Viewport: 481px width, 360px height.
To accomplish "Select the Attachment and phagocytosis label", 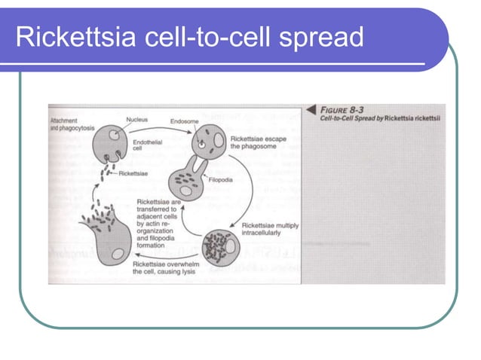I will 72,124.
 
